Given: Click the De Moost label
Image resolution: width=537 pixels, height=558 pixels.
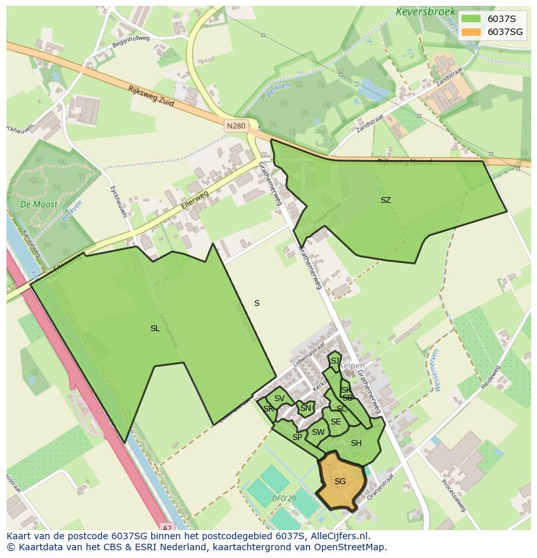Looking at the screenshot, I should coord(38,204).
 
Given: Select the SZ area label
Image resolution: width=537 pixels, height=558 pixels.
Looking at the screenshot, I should coord(385,200).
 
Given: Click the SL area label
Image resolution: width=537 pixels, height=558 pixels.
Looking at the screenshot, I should coord(155,329).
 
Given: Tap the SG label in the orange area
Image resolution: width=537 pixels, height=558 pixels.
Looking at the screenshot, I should coord(340,482).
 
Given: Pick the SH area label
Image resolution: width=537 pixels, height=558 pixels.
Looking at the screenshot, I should coord(356,443).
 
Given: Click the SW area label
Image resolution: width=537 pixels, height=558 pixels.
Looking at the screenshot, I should coord(318,432).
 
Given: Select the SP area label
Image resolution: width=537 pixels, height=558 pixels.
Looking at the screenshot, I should coord(297,437).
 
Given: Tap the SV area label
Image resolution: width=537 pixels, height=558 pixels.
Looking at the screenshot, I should coord(279,399).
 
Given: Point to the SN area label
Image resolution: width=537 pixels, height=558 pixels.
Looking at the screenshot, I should coord(305,408).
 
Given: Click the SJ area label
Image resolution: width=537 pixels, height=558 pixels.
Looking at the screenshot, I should coord(335,361).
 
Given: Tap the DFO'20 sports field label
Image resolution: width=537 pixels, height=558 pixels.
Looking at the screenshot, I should coord(283,498).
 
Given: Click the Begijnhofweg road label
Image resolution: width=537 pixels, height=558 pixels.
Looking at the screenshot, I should coord(130,41).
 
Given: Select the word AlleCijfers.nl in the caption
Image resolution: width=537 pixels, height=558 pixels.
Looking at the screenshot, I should coord(338,536).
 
